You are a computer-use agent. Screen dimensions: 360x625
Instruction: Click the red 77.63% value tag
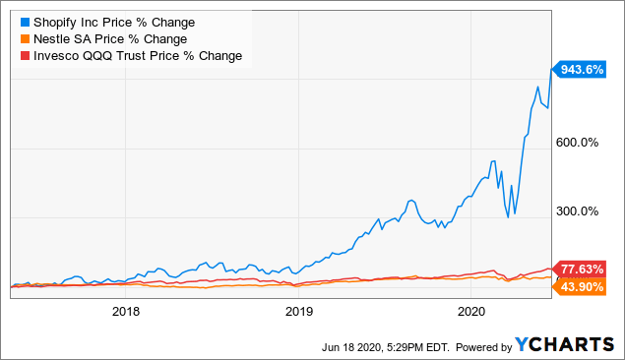(580, 268)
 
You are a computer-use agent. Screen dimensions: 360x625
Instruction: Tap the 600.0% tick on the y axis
(579, 142)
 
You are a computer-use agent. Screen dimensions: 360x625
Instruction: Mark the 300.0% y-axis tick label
(579, 210)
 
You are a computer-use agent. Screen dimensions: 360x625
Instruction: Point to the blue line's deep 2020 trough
(508, 216)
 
